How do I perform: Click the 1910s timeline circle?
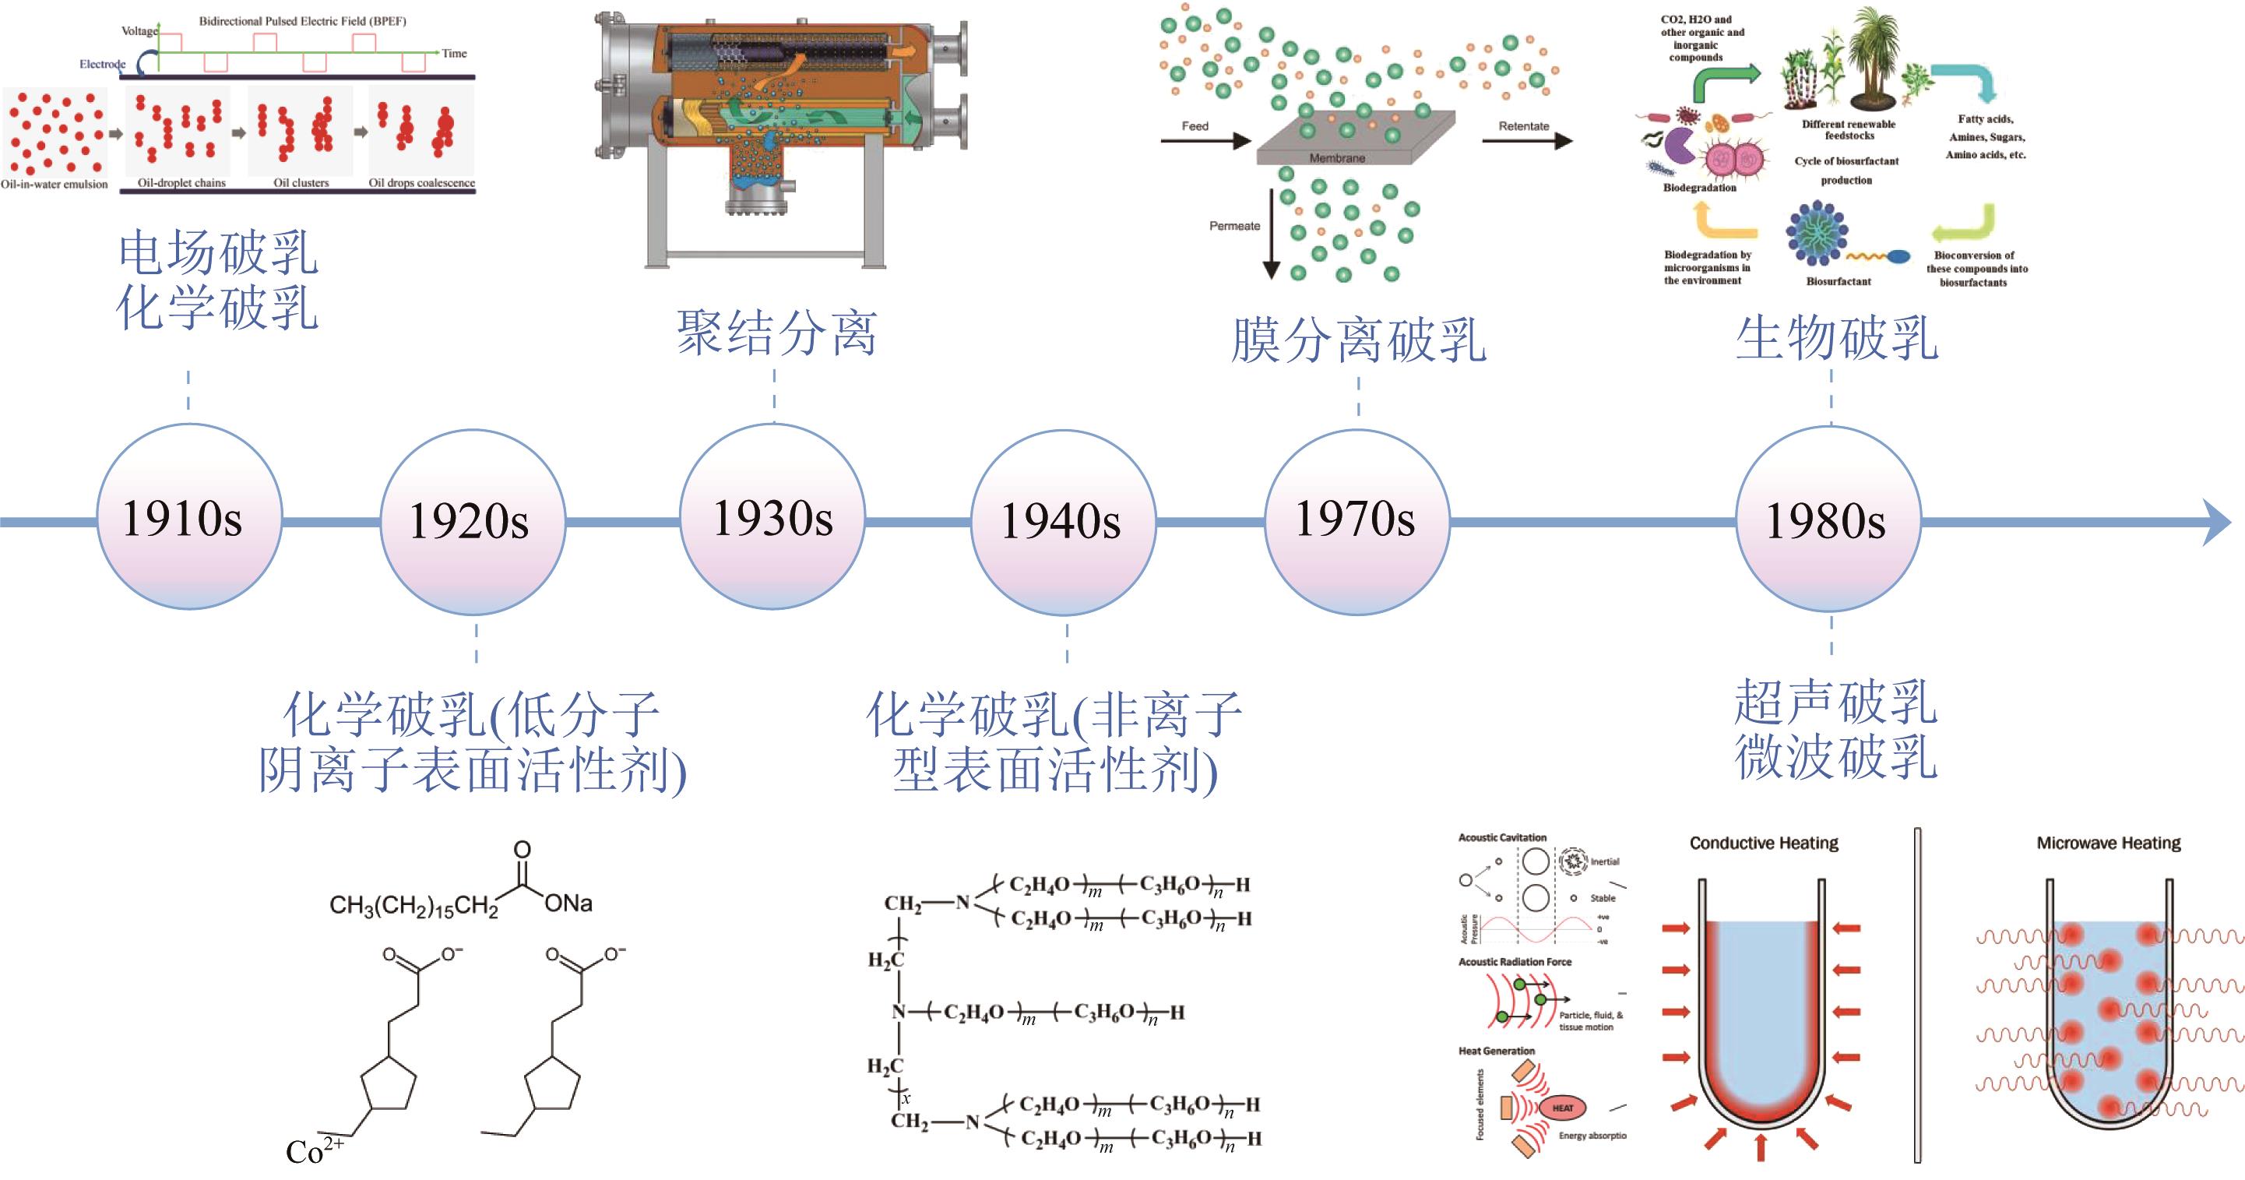point(189,517)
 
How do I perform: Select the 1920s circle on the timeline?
point(473,522)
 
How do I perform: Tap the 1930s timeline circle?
point(772,517)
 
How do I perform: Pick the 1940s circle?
point(1063,522)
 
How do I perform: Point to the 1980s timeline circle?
point(1828,521)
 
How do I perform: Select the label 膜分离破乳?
point(1358,340)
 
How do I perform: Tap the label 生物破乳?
point(1836,338)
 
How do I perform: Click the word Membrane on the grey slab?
point(1337,159)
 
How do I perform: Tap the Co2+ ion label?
point(314,1150)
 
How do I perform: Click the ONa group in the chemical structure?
point(568,903)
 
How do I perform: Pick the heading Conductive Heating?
point(1763,843)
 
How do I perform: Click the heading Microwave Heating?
point(2108,843)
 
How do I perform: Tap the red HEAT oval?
point(1563,1108)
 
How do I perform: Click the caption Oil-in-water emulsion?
point(54,185)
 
